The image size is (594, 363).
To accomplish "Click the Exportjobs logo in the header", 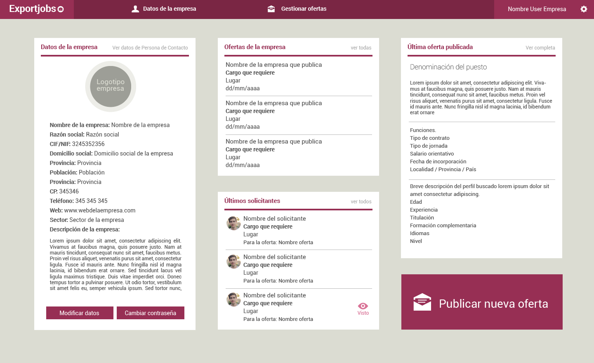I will pyautogui.click(x=36, y=9).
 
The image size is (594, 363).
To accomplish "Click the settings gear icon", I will pyautogui.click(x=584, y=9).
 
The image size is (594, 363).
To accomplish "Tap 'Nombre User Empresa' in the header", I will pyautogui.click(x=537, y=9).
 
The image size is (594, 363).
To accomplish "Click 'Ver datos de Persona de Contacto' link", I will pyautogui.click(x=150, y=48).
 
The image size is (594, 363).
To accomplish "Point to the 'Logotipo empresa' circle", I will pyautogui.click(x=111, y=87).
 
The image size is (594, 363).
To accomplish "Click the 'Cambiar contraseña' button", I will pyautogui.click(x=151, y=313).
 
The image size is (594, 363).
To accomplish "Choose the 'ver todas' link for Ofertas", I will pyautogui.click(x=361, y=48).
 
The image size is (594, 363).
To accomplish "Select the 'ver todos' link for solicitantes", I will pyautogui.click(x=361, y=202).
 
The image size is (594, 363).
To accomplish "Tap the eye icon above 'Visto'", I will pyautogui.click(x=363, y=306).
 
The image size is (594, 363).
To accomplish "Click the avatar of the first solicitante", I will pyautogui.click(x=234, y=223).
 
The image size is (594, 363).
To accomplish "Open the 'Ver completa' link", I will pyautogui.click(x=540, y=48).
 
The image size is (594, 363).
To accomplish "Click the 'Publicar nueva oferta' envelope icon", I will pyautogui.click(x=422, y=302).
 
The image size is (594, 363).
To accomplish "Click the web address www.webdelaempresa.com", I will pyautogui.click(x=100, y=210).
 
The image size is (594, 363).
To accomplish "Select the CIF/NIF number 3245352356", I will pyautogui.click(x=88, y=144).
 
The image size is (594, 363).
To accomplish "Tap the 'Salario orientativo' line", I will pyautogui.click(x=432, y=154).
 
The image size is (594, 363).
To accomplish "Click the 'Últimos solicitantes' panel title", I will pyautogui.click(x=252, y=201).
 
